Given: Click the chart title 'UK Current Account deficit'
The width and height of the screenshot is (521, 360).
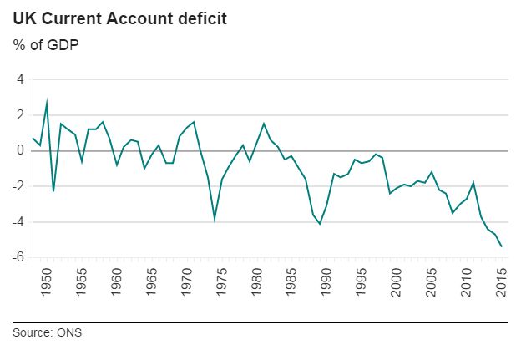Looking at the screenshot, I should (119, 18).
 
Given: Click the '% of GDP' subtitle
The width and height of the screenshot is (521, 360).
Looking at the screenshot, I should (47, 44).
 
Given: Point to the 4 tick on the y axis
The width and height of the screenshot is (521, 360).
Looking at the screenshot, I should (18, 79).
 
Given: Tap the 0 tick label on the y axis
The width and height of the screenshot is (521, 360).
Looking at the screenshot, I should (18, 150).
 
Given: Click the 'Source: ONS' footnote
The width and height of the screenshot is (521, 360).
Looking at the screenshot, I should (48, 333).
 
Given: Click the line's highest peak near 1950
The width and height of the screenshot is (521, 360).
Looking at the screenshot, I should (47, 101).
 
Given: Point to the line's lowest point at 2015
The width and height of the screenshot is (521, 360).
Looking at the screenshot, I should (501, 246).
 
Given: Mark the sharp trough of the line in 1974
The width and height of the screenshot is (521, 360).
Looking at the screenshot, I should (215, 219).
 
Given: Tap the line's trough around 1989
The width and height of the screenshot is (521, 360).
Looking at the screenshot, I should (320, 223).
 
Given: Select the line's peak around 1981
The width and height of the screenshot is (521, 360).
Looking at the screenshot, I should (264, 124).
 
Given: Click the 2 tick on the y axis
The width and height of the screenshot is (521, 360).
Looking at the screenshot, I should (18, 115).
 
